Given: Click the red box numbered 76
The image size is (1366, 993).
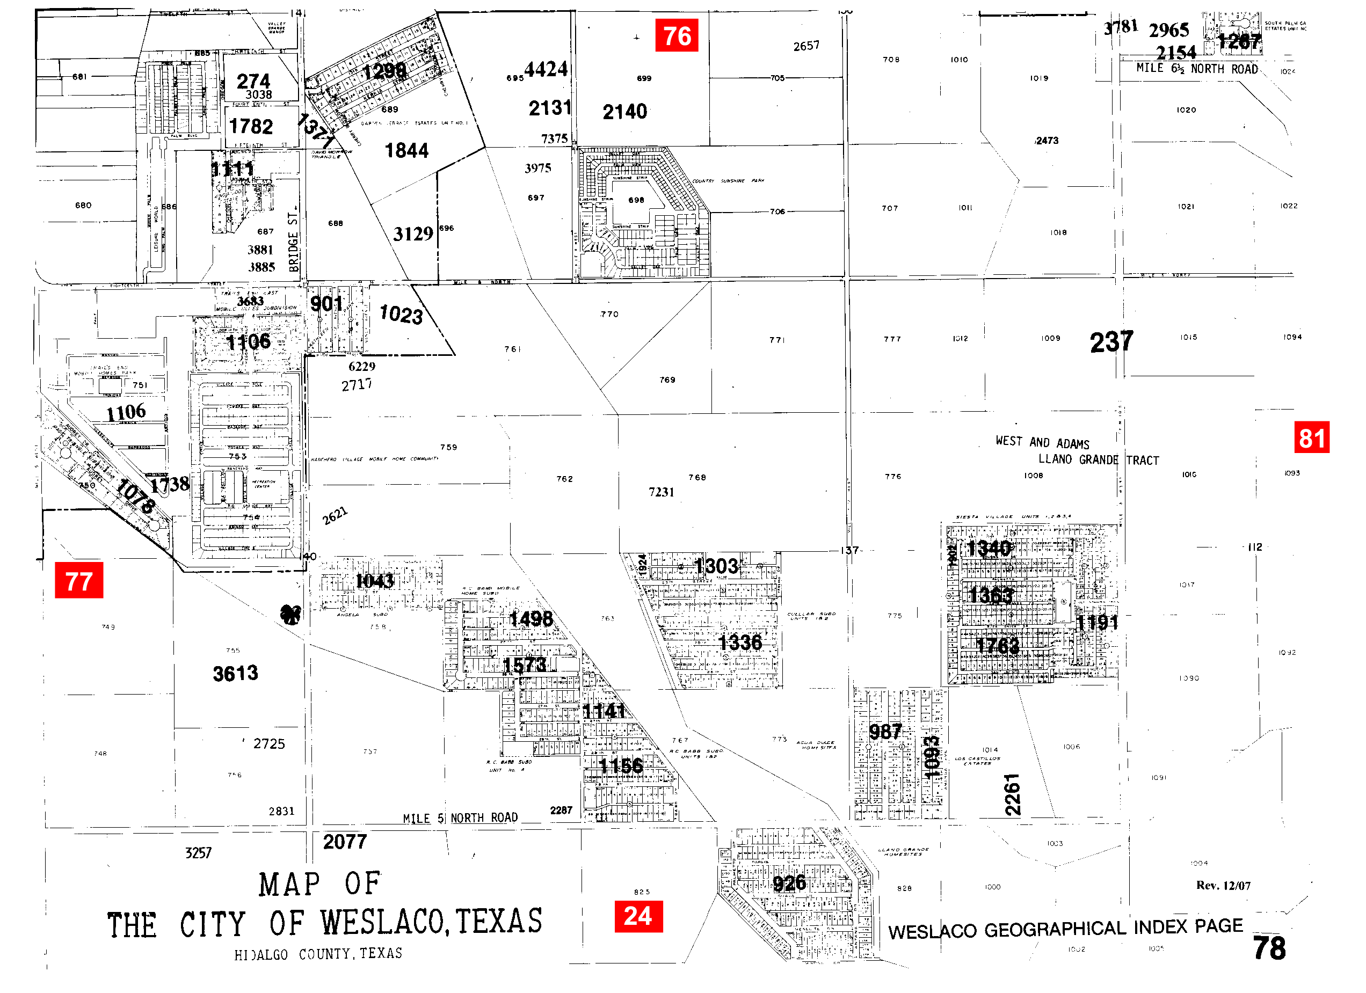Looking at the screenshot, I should tap(677, 35).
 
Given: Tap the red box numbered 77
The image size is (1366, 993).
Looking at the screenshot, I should tap(79, 581).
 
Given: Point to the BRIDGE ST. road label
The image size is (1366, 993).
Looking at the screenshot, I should tap(293, 242).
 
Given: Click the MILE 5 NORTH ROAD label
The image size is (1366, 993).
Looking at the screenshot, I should tap(460, 818).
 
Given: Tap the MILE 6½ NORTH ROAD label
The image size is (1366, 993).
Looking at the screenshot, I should tap(1197, 69).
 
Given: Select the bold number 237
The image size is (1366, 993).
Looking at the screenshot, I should tap(1111, 342).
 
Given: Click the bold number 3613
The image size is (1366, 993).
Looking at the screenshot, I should tap(236, 673).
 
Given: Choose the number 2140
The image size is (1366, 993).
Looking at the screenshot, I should tap(624, 112).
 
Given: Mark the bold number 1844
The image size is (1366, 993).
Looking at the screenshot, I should tap(406, 150).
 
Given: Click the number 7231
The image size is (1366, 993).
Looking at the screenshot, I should tap(660, 492).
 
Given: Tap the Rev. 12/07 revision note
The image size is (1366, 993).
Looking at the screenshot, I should tap(1223, 885).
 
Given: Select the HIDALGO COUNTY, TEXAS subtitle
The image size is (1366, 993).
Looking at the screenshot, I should tap(318, 954).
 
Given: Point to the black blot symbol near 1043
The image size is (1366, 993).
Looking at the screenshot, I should tap(291, 614).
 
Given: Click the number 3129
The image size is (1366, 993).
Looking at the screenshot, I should tap(413, 233).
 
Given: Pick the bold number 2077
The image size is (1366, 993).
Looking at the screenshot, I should tap(345, 841).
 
